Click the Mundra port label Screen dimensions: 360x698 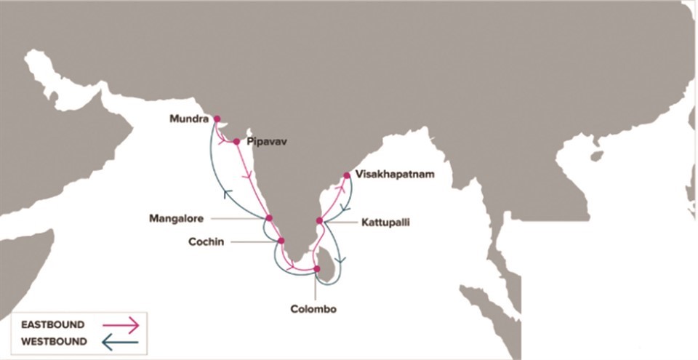click(x=189, y=119)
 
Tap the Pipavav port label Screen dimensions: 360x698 click(x=267, y=142)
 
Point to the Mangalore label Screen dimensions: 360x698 click(x=177, y=217)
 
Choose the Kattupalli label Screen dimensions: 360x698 click(x=385, y=223)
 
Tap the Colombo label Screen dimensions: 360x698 click(x=313, y=309)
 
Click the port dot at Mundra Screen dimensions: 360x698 click(x=217, y=119)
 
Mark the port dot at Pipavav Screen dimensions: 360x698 click(x=236, y=142)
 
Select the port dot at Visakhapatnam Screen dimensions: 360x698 click(x=347, y=175)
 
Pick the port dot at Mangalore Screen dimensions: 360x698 click(x=268, y=217)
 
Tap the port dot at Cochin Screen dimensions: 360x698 click(x=281, y=241)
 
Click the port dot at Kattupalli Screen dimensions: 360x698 click(x=319, y=220)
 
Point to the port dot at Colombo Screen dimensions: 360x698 click(x=316, y=269)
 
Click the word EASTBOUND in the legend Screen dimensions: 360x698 click(x=53, y=324)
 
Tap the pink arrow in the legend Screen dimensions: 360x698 click(x=120, y=324)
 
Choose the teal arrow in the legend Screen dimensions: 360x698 click(x=120, y=341)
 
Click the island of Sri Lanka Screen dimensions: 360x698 click(x=326, y=263)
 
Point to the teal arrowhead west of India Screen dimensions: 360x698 click(x=228, y=193)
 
